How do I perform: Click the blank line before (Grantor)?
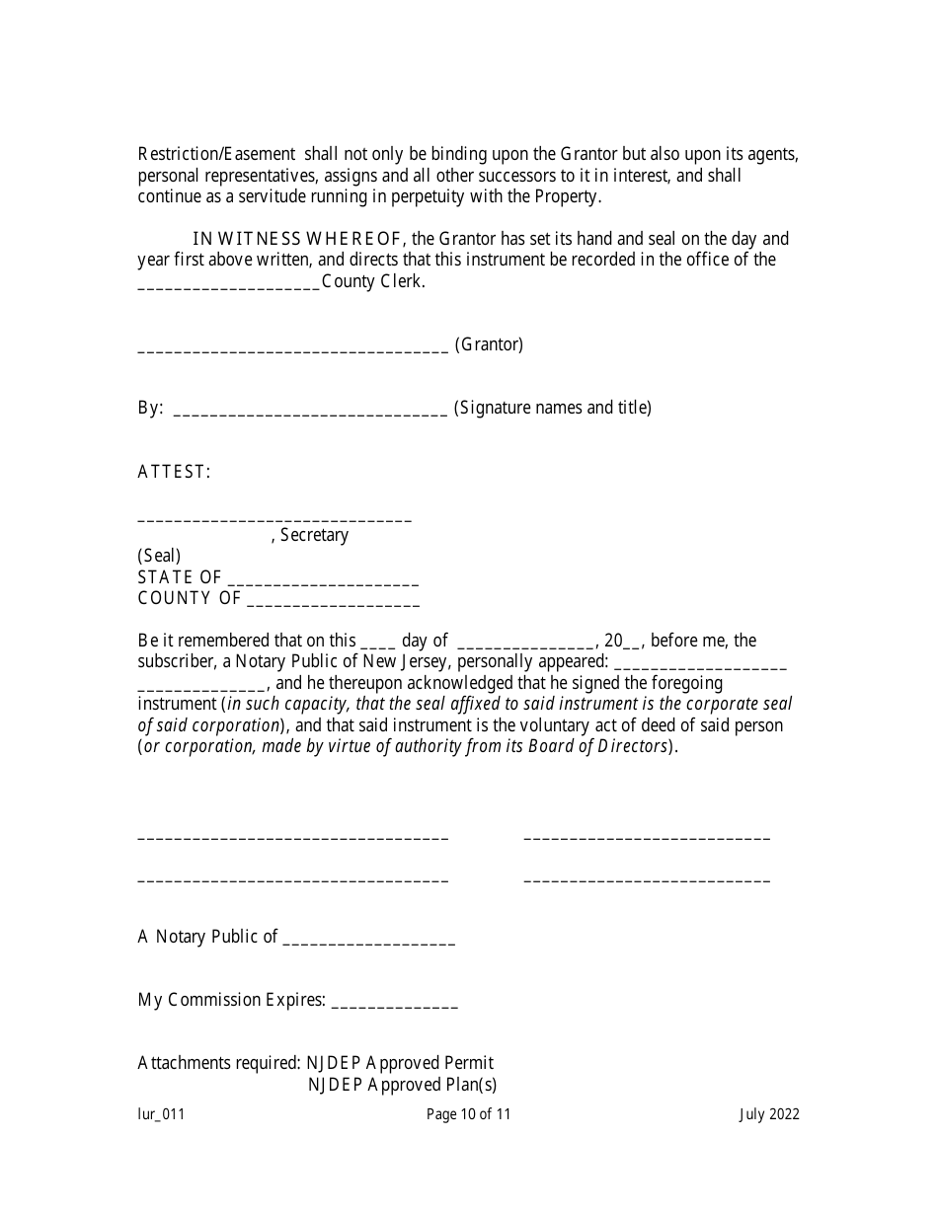[x=293, y=347]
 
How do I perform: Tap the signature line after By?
[x=310, y=411]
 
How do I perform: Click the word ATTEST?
[x=174, y=472]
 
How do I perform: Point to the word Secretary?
[x=314, y=535]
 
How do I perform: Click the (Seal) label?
[x=159, y=556]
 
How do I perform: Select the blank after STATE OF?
[x=323, y=580]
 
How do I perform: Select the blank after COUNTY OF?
[x=333, y=601]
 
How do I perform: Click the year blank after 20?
[x=633, y=644]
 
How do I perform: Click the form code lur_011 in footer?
[x=161, y=1114]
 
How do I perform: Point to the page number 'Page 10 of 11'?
[x=469, y=1114]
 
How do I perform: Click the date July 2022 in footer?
[x=769, y=1114]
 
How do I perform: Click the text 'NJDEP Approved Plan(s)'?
[x=402, y=1085]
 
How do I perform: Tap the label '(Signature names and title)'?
[x=553, y=407]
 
